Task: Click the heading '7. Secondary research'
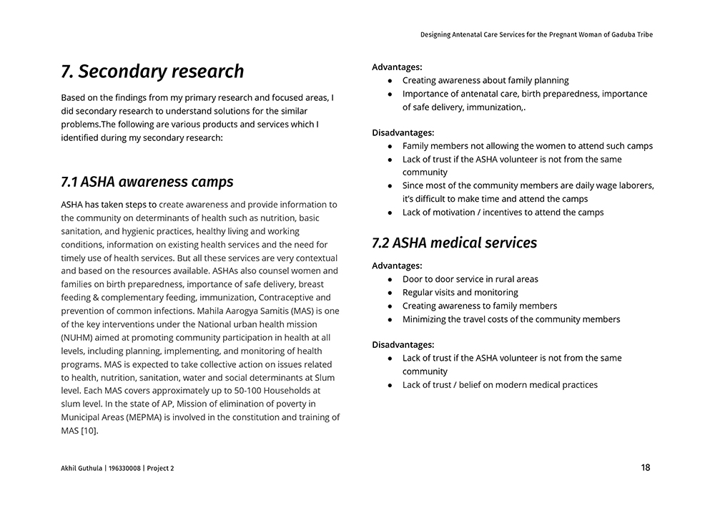(x=152, y=72)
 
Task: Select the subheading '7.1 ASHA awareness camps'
(x=147, y=182)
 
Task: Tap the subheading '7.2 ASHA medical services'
(x=454, y=243)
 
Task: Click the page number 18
(x=646, y=468)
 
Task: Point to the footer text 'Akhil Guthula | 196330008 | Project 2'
(x=117, y=469)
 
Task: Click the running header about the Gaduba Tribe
(x=536, y=34)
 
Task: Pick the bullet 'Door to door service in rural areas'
(x=470, y=279)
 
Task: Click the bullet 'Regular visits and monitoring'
(x=460, y=292)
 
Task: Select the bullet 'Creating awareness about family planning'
(x=485, y=80)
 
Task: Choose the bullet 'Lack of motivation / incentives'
(x=503, y=212)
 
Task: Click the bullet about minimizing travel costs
(x=511, y=319)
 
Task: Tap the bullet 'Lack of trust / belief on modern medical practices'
(x=500, y=384)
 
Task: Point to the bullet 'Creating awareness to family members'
(x=479, y=306)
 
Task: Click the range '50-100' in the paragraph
(x=244, y=391)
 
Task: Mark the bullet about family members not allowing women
(x=527, y=146)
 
